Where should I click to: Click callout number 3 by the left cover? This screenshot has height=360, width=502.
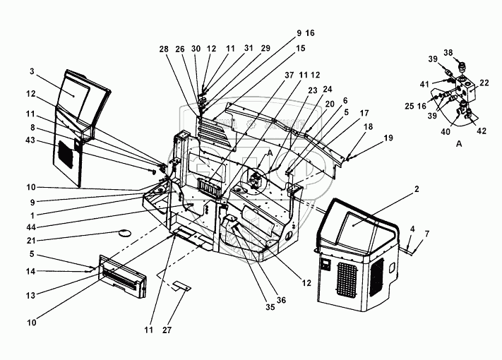click(x=32, y=71)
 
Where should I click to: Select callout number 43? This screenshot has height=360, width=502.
click(x=31, y=140)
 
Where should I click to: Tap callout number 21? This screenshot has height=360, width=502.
click(x=31, y=240)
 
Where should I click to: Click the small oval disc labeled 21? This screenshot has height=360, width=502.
click(x=124, y=233)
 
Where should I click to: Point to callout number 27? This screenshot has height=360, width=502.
click(x=167, y=330)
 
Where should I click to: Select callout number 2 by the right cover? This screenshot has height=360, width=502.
click(x=417, y=189)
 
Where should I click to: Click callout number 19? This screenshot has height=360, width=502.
click(x=388, y=138)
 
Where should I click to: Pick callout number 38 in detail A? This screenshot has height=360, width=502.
click(x=448, y=53)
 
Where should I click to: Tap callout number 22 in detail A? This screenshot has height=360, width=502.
click(x=484, y=83)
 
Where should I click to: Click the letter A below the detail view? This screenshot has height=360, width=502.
click(x=459, y=144)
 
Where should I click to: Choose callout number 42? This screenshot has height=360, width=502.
click(x=482, y=131)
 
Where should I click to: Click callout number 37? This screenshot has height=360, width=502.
click(x=289, y=76)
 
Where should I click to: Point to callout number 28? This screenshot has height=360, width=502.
click(x=164, y=49)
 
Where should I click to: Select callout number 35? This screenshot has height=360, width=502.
click(x=270, y=307)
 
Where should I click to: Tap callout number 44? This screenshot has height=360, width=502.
click(x=31, y=227)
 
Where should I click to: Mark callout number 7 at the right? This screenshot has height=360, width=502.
click(x=426, y=234)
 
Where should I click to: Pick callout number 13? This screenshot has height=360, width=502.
click(x=31, y=295)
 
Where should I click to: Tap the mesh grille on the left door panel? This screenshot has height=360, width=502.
click(x=66, y=155)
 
